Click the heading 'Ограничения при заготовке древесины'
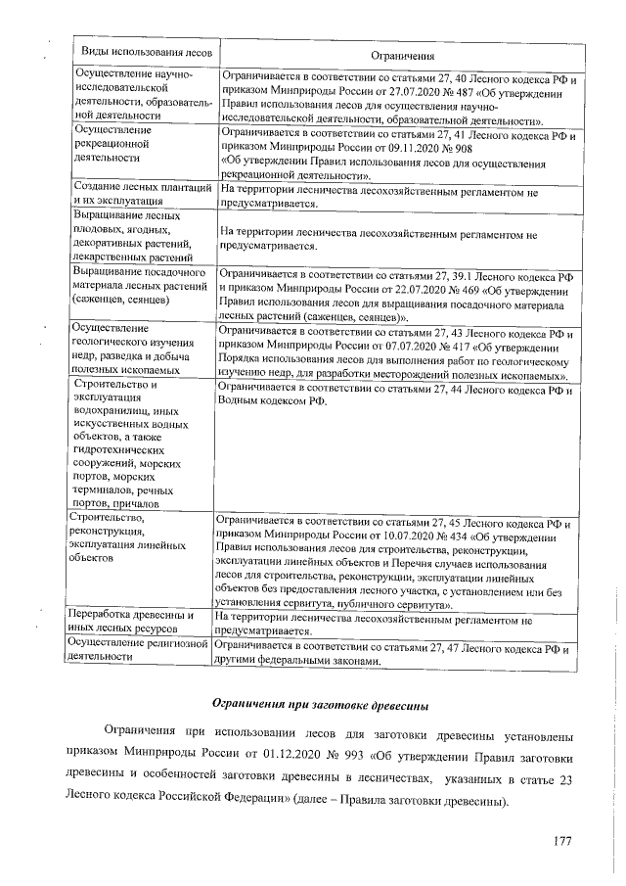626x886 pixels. [319, 705]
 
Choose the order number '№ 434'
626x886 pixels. [450, 536]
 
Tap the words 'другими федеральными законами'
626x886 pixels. [292, 662]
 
